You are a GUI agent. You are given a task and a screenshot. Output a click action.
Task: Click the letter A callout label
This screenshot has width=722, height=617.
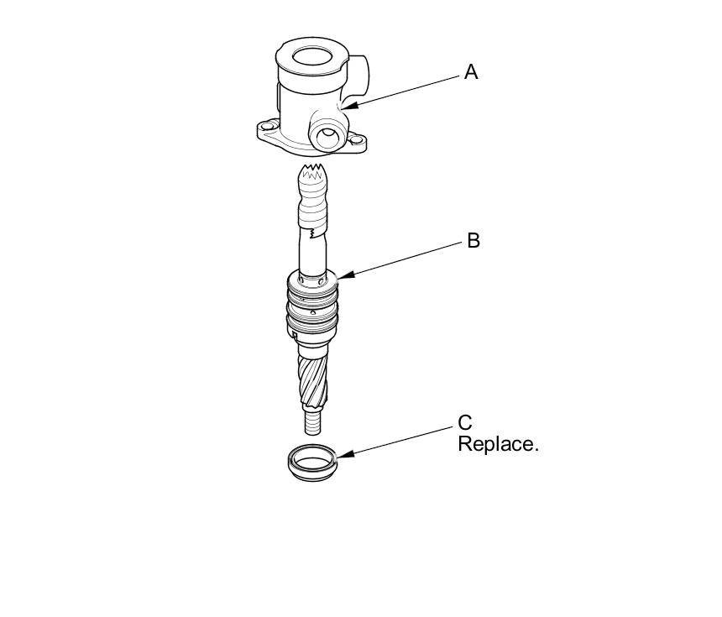[471, 73]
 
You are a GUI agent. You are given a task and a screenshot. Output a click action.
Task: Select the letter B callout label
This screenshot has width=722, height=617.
[473, 241]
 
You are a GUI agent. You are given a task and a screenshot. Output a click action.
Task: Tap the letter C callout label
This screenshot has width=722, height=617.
[465, 422]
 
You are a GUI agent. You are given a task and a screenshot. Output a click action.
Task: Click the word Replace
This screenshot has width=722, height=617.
[497, 444]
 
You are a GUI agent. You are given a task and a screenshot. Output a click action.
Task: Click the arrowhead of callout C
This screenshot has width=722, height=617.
[341, 455]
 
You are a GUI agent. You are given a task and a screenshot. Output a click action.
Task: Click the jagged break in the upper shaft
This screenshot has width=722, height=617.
[314, 229]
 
